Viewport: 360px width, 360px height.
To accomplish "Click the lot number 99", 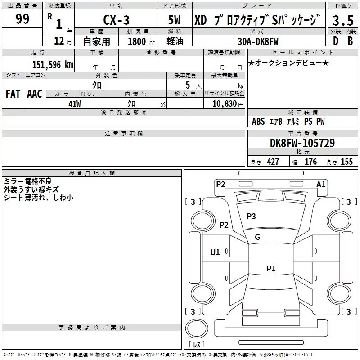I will (x=22, y=19).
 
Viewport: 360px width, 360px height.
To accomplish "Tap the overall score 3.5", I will (x=342, y=21).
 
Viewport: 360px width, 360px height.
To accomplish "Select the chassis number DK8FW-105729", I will (x=302, y=143).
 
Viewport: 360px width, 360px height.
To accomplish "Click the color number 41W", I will (x=75, y=103).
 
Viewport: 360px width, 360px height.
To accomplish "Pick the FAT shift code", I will (x=13, y=94).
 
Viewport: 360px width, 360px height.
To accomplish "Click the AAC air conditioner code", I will (x=34, y=94).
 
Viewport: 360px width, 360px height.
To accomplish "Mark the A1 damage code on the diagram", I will (x=321, y=184).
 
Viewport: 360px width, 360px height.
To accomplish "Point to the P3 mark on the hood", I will (x=251, y=216).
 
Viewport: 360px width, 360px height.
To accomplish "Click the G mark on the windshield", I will (x=257, y=237).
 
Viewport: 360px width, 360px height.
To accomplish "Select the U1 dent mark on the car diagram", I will (x=215, y=252).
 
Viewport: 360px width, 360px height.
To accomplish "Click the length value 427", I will (x=273, y=162).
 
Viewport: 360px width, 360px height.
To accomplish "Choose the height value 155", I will (x=346, y=162).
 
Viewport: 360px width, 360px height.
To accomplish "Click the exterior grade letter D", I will (x=335, y=41).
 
